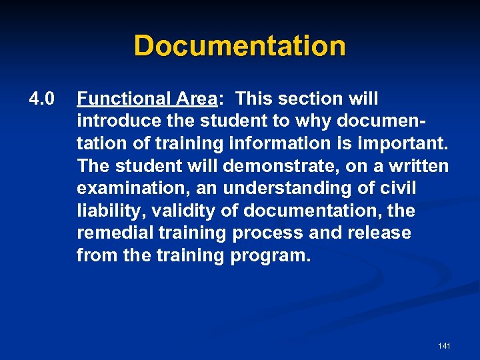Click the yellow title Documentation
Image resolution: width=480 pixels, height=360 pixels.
[x=239, y=46]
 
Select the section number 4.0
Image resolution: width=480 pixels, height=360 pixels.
[x=41, y=99]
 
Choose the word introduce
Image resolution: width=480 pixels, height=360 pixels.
[x=115, y=122]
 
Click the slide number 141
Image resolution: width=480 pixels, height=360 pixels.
[x=444, y=346]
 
